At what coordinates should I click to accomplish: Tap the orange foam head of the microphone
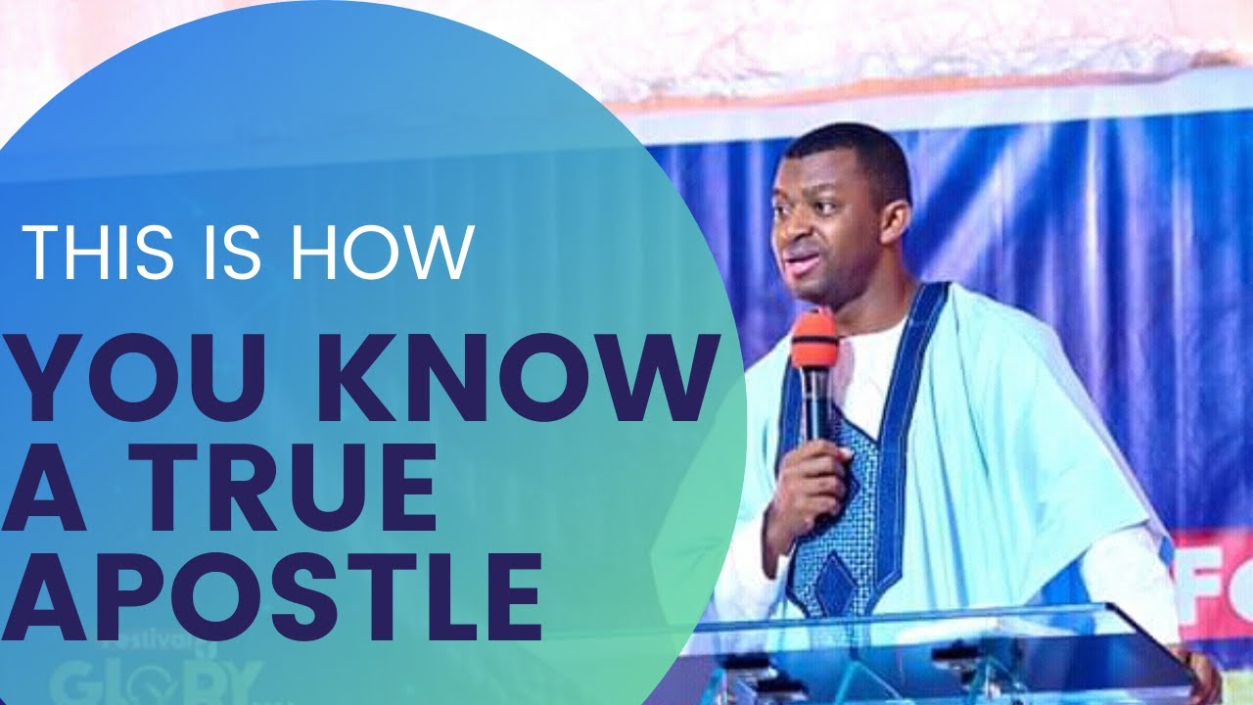click(x=814, y=338)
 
